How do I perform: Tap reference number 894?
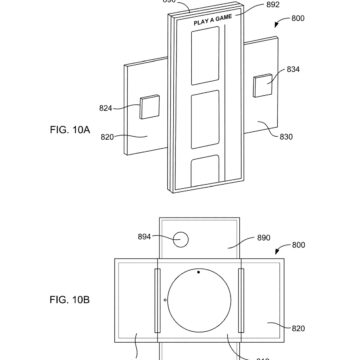click(146, 237)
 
